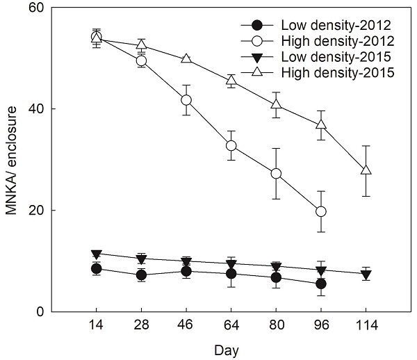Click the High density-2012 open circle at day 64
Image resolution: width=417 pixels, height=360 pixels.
click(231, 145)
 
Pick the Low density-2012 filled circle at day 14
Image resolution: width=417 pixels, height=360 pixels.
click(97, 268)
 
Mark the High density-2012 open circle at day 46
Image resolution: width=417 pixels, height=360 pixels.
click(186, 100)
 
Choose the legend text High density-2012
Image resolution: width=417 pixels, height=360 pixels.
click(330, 41)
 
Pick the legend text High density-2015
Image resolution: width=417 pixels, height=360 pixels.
click(330, 72)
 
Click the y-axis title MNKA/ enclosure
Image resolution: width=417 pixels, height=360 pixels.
click(12, 159)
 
